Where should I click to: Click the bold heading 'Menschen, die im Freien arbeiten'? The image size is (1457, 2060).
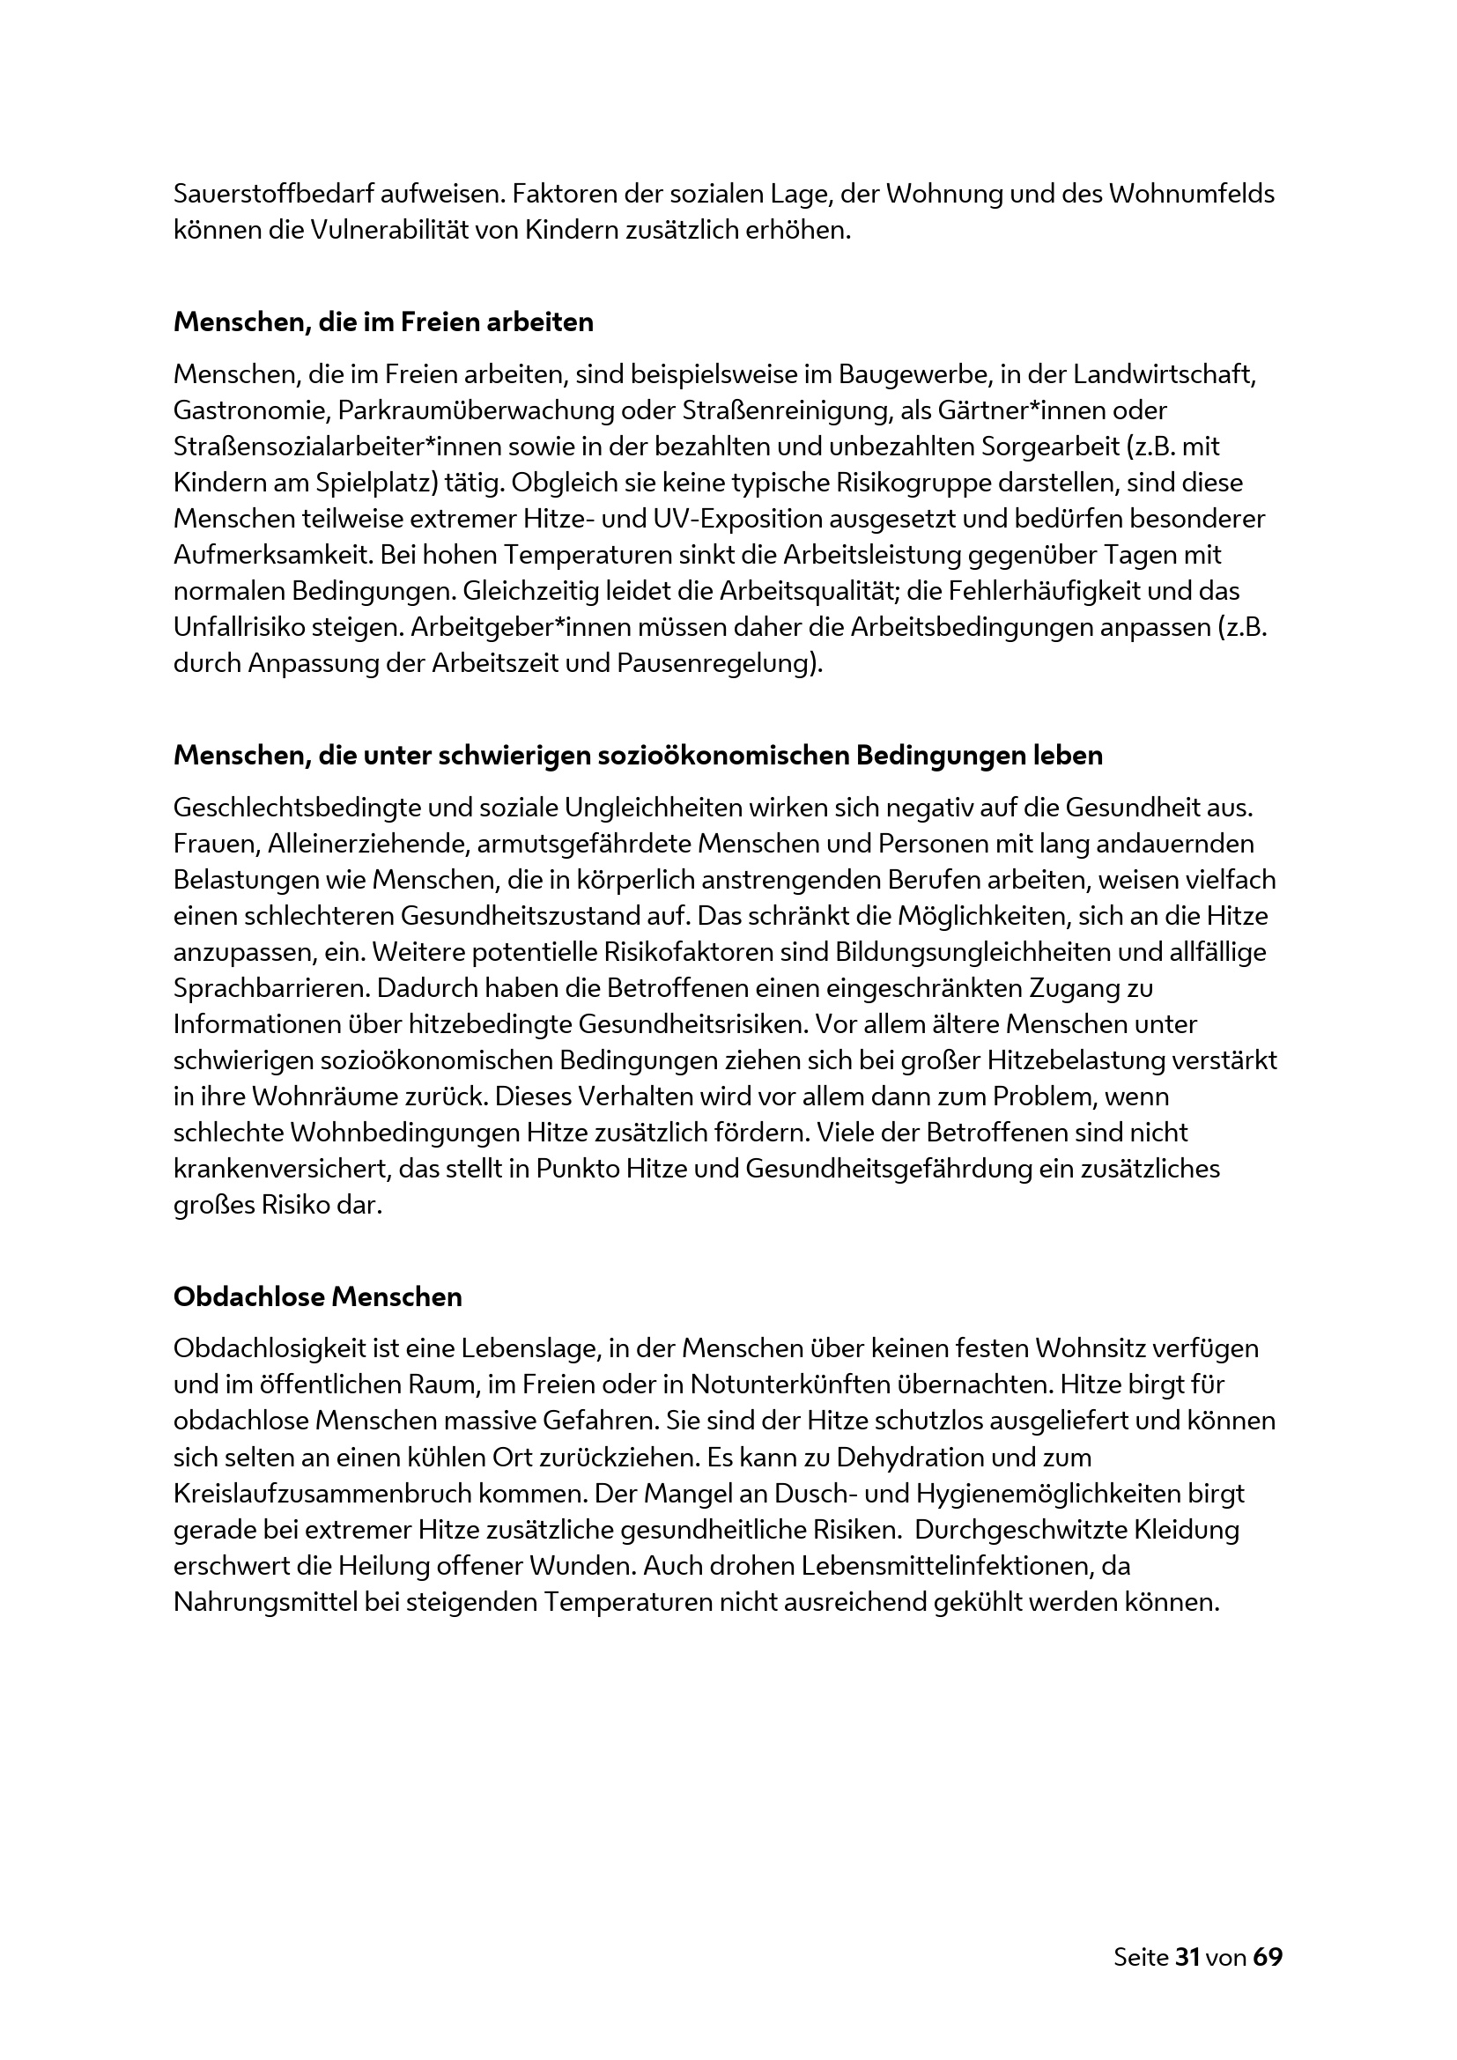pyautogui.click(x=383, y=322)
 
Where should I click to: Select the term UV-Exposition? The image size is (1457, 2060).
pyautogui.click(x=736, y=519)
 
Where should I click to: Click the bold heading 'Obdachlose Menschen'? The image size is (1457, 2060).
pyautogui.click(x=318, y=1296)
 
